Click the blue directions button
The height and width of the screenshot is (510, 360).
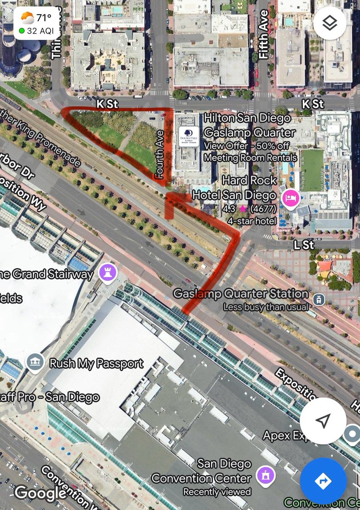point(323,481)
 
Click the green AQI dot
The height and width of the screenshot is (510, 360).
point(21,31)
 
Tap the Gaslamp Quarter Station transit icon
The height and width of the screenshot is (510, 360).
point(317,300)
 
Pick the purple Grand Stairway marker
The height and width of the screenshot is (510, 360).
point(108,273)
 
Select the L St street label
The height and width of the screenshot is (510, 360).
point(303,244)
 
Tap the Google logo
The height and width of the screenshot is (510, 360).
point(40,493)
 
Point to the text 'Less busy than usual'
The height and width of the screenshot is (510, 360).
point(266,307)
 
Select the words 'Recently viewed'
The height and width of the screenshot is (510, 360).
point(217,492)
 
